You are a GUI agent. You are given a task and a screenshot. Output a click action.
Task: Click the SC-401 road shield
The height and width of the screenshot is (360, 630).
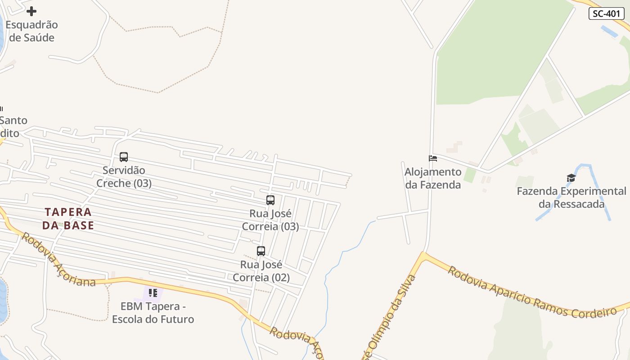coord(606,13)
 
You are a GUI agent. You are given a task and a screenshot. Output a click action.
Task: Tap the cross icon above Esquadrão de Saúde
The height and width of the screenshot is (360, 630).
coord(31,11)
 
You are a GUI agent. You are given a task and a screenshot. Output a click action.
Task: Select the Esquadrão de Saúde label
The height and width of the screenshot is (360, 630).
coord(31,31)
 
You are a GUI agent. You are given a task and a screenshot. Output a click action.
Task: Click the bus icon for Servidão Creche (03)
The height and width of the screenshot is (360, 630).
coord(124,157)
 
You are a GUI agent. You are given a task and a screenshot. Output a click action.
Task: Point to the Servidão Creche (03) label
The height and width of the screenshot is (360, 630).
coord(124,177)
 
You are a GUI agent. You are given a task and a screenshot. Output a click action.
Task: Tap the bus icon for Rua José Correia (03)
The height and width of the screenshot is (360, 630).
coord(270,200)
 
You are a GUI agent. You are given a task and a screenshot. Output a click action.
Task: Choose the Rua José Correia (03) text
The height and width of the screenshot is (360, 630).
coord(270,220)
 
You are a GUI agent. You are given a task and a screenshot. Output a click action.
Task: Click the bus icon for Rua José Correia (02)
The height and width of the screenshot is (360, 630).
coord(261,251)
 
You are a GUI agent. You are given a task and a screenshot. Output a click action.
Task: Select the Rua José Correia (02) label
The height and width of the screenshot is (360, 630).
coord(261,271)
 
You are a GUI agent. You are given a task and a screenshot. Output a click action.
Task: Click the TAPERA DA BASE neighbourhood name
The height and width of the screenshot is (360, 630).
coord(68,219)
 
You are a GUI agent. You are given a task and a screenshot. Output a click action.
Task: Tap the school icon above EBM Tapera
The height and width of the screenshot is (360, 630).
coord(153,293)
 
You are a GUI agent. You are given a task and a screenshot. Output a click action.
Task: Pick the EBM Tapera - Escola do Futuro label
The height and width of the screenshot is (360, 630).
coord(153,313)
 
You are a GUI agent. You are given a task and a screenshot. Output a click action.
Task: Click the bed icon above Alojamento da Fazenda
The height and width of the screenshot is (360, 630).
coord(433,158)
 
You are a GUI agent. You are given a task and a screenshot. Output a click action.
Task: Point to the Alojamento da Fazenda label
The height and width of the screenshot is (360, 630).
coord(433,178)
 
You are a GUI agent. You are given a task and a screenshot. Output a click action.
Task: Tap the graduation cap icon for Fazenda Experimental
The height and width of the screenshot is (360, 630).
coord(571,178)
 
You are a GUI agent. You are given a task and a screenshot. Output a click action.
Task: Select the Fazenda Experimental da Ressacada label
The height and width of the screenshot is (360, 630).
coord(571,198)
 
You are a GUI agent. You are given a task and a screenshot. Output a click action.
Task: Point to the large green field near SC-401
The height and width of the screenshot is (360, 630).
coord(495,54)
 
